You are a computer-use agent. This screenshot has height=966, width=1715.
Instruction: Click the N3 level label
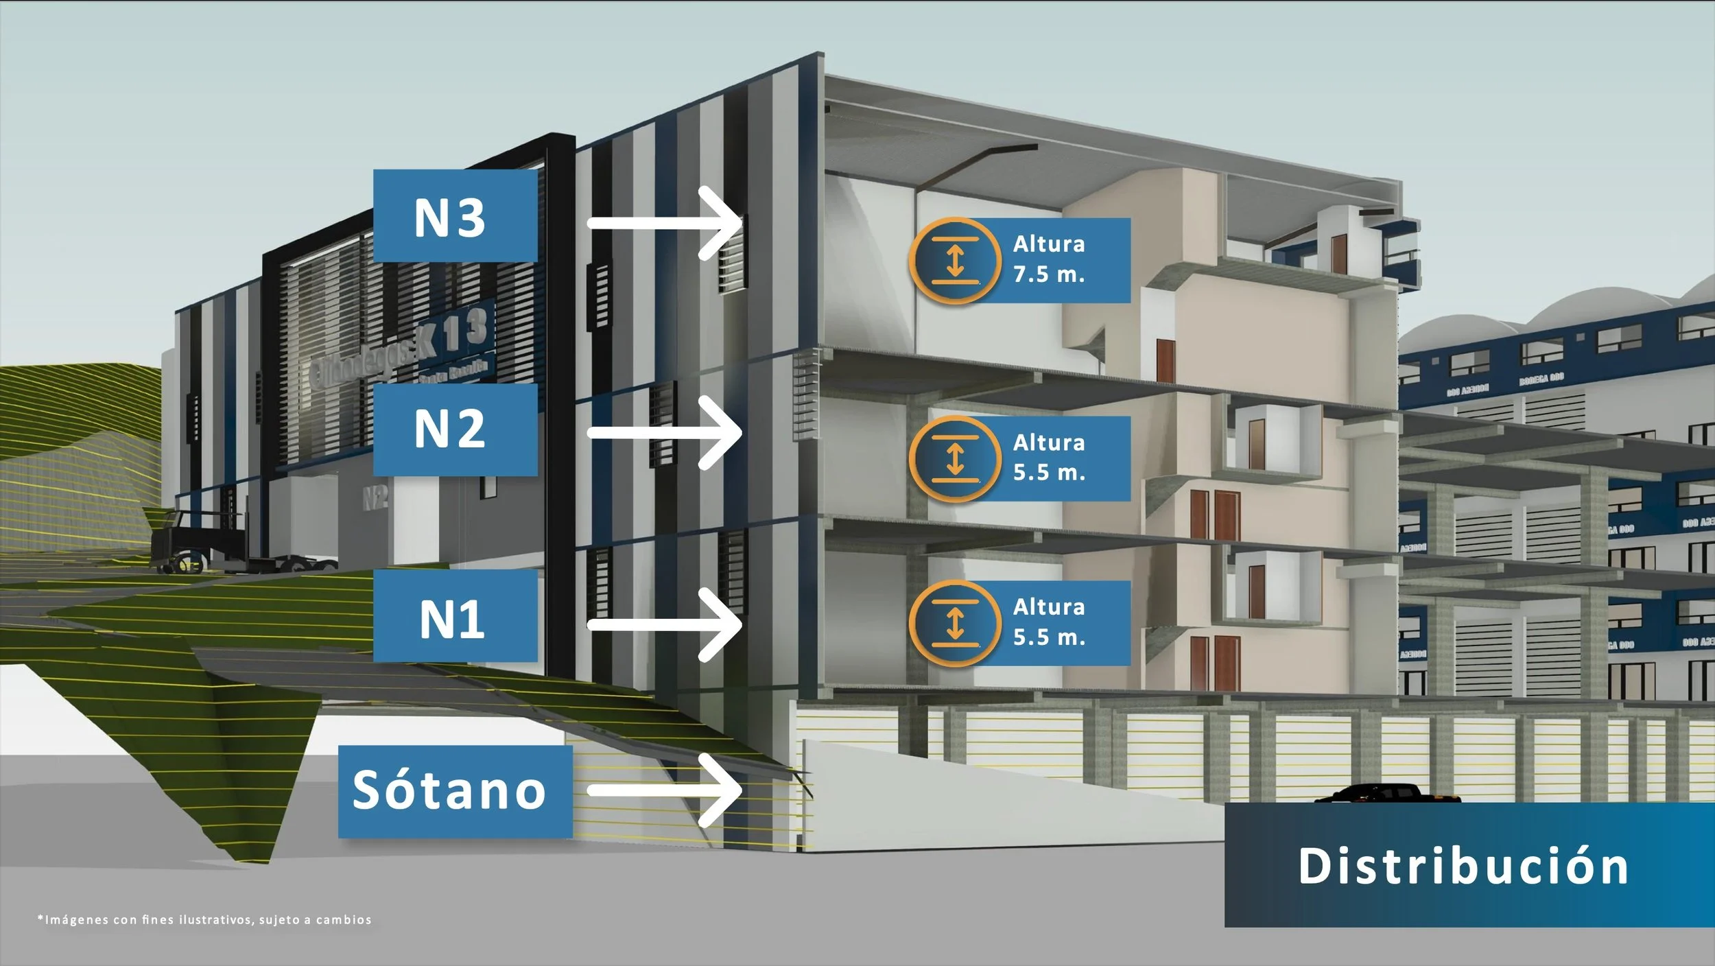pyautogui.click(x=454, y=217)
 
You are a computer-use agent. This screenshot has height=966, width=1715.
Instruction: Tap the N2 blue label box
pyautogui.click(x=454, y=429)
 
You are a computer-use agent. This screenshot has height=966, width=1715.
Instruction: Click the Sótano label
pyautogui.click(x=454, y=791)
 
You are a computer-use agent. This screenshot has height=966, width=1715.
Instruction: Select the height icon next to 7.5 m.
pyautogui.click(x=954, y=261)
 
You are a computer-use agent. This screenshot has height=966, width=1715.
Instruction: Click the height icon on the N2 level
pyautogui.click(x=954, y=458)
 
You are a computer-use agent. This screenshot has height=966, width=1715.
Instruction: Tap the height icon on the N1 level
pyautogui.click(x=954, y=623)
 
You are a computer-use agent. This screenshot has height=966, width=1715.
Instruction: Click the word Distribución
pyautogui.click(x=1463, y=866)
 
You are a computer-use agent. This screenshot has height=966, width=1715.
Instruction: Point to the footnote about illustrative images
pyautogui.click(x=204, y=920)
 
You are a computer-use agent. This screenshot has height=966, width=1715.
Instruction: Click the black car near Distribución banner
pyautogui.click(x=1386, y=794)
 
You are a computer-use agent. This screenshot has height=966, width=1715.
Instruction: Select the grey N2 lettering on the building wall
pyautogui.click(x=375, y=497)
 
